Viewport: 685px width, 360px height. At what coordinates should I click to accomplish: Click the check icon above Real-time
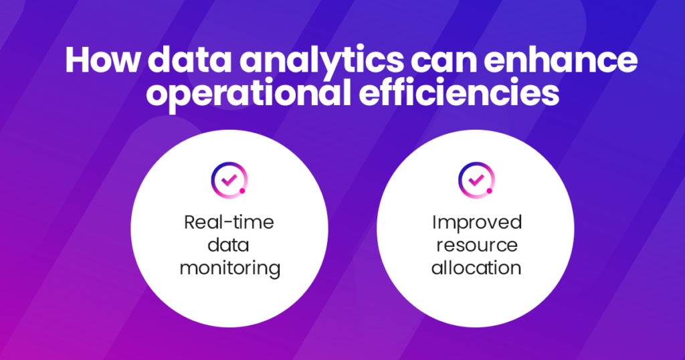point(229,179)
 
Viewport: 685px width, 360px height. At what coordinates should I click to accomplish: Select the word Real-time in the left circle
point(229,222)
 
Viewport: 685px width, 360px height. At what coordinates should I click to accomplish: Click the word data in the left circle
point(229,245)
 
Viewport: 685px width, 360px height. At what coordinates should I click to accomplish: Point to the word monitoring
point(229,268)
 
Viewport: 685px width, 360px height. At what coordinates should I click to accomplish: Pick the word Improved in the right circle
point(476,222)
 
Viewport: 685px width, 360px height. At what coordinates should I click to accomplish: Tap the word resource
point(476,245)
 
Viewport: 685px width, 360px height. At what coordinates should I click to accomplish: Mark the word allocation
point(476,268)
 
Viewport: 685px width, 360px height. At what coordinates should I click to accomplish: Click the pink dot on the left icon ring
point(242,191)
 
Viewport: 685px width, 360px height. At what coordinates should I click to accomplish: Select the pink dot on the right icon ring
point(490,191)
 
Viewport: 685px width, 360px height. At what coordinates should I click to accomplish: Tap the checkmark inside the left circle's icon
point(228,179)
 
